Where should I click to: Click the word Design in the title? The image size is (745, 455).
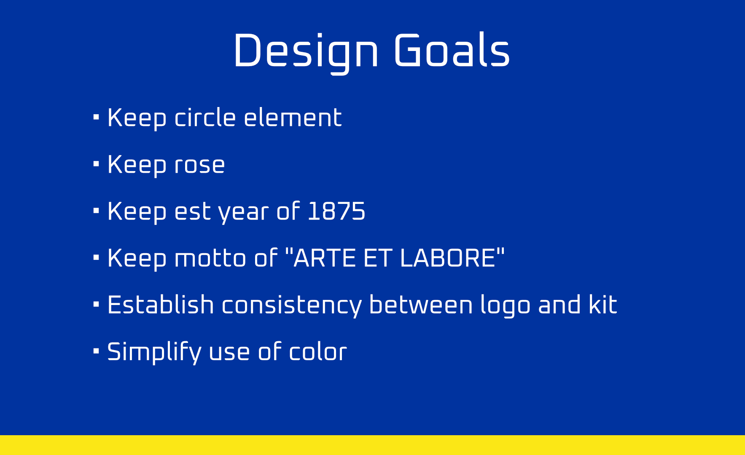306,51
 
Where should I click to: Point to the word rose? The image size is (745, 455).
199,165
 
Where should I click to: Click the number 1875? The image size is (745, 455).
336,211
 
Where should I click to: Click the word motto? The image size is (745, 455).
210,258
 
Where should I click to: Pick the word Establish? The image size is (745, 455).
161,305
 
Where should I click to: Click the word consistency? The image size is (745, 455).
292,305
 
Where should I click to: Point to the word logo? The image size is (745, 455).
505,306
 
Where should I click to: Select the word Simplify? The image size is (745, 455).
154,352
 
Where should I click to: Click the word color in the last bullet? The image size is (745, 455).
318,352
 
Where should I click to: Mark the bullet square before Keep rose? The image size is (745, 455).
96,163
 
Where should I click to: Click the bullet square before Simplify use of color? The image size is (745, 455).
96,351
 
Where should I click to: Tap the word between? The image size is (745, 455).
421,305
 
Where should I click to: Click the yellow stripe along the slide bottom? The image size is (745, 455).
372,445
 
